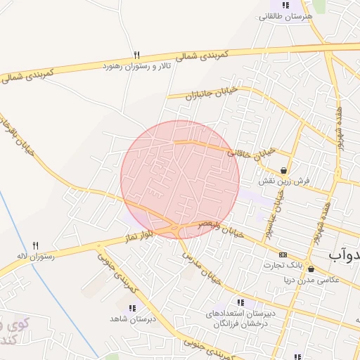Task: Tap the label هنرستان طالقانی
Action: coord(285,17)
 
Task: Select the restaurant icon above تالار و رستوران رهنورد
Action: coord(136,55)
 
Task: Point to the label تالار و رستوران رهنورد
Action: coord(136,65)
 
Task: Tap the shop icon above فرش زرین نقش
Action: coord(283,170)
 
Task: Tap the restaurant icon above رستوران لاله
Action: coord(36,245)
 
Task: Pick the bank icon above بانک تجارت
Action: coord(283,255)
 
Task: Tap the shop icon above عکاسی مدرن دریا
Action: coord(311,269)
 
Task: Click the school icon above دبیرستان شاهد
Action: coord(131,307)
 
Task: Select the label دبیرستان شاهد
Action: coord(131,319)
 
